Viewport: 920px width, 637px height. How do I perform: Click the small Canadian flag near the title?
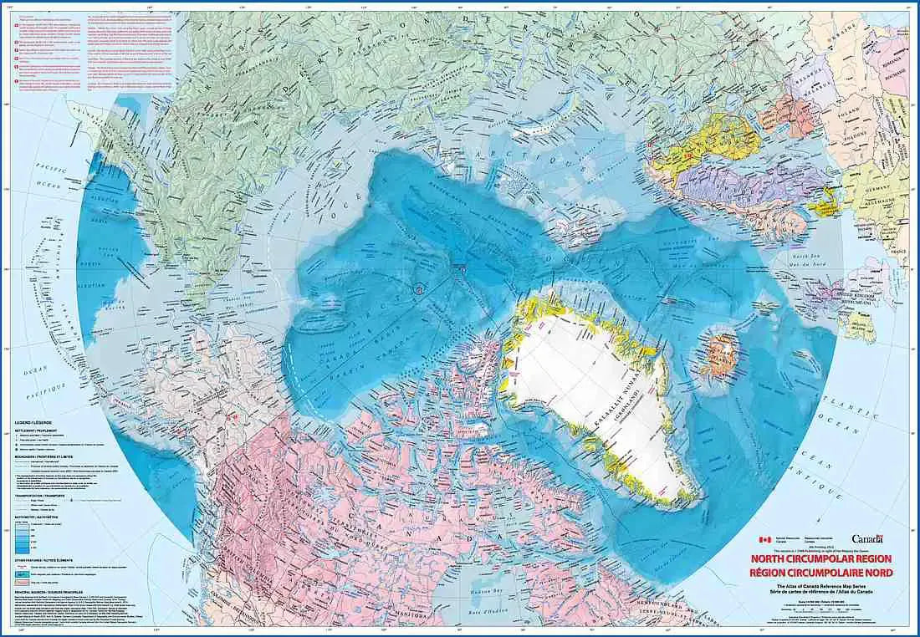point(762,541)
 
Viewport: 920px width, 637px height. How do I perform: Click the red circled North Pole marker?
point(420,288)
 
